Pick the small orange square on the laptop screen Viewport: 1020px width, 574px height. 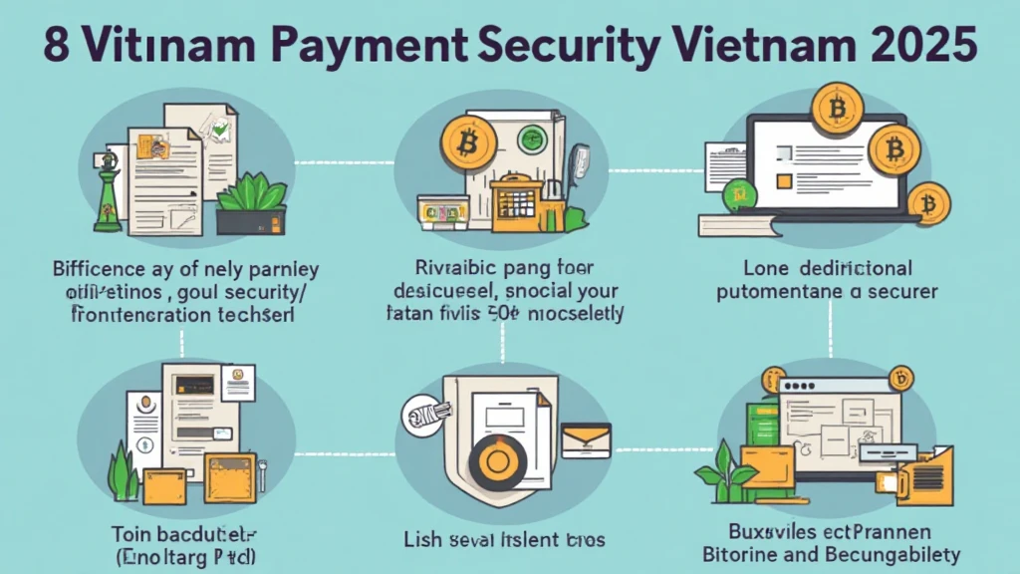[783, 181]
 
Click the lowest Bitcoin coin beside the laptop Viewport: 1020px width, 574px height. [928, 206]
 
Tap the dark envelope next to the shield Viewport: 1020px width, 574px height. [586, 439]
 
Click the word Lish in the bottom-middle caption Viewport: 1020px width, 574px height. [421, 540]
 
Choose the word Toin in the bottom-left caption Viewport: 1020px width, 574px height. [134, 530]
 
